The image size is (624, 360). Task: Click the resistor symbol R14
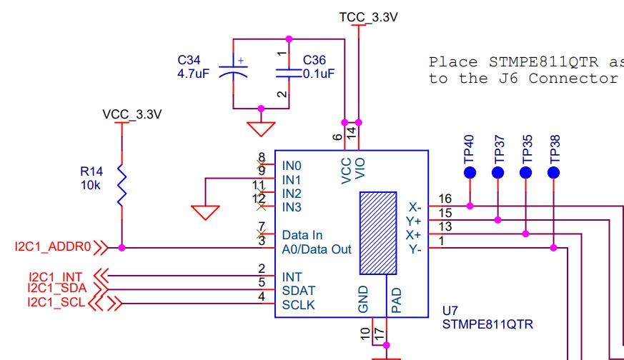point(122,185)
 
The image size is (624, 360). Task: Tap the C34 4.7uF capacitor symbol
point(233,70)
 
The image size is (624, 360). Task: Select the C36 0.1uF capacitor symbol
point(289,73)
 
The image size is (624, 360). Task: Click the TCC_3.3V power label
point(368,18)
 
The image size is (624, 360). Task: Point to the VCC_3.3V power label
point(132,114)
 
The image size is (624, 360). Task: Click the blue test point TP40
point(470,173)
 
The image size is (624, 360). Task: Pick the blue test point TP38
point(553,173)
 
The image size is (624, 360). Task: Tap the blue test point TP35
point(525,173)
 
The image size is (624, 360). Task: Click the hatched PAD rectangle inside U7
point(378,233)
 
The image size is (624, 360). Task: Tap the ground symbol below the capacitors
point(261,129)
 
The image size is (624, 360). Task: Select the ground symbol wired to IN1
point(205,212)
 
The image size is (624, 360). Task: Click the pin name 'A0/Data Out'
point(317,249)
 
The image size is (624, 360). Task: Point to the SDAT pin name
point(299,291)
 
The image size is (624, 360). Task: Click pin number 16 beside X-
point(445,199)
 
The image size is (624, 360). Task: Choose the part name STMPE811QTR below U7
point(487,324)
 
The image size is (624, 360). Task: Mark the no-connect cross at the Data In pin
point(261,234)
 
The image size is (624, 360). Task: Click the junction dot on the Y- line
point(553,248)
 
